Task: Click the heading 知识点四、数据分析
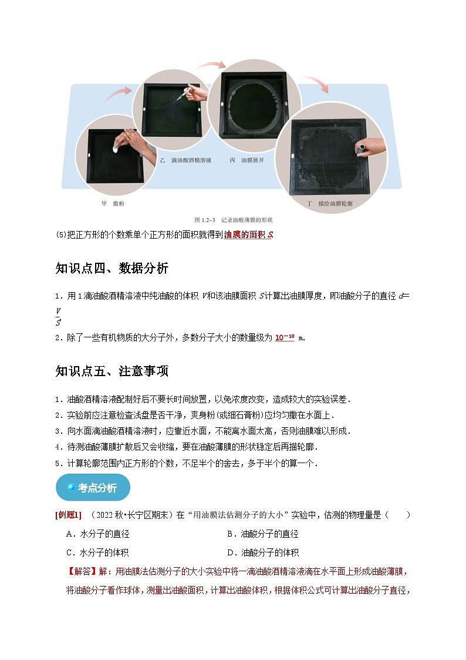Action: click(112, 269)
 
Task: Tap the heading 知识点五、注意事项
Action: click(112, 371)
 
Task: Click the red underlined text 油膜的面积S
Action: click(248, 235)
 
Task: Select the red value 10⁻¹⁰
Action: click(285, 337)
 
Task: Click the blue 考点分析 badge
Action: click(93, 488)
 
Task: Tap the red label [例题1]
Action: click(69, 515)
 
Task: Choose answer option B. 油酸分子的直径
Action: click(262, 534)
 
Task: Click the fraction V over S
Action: click(58, 316)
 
